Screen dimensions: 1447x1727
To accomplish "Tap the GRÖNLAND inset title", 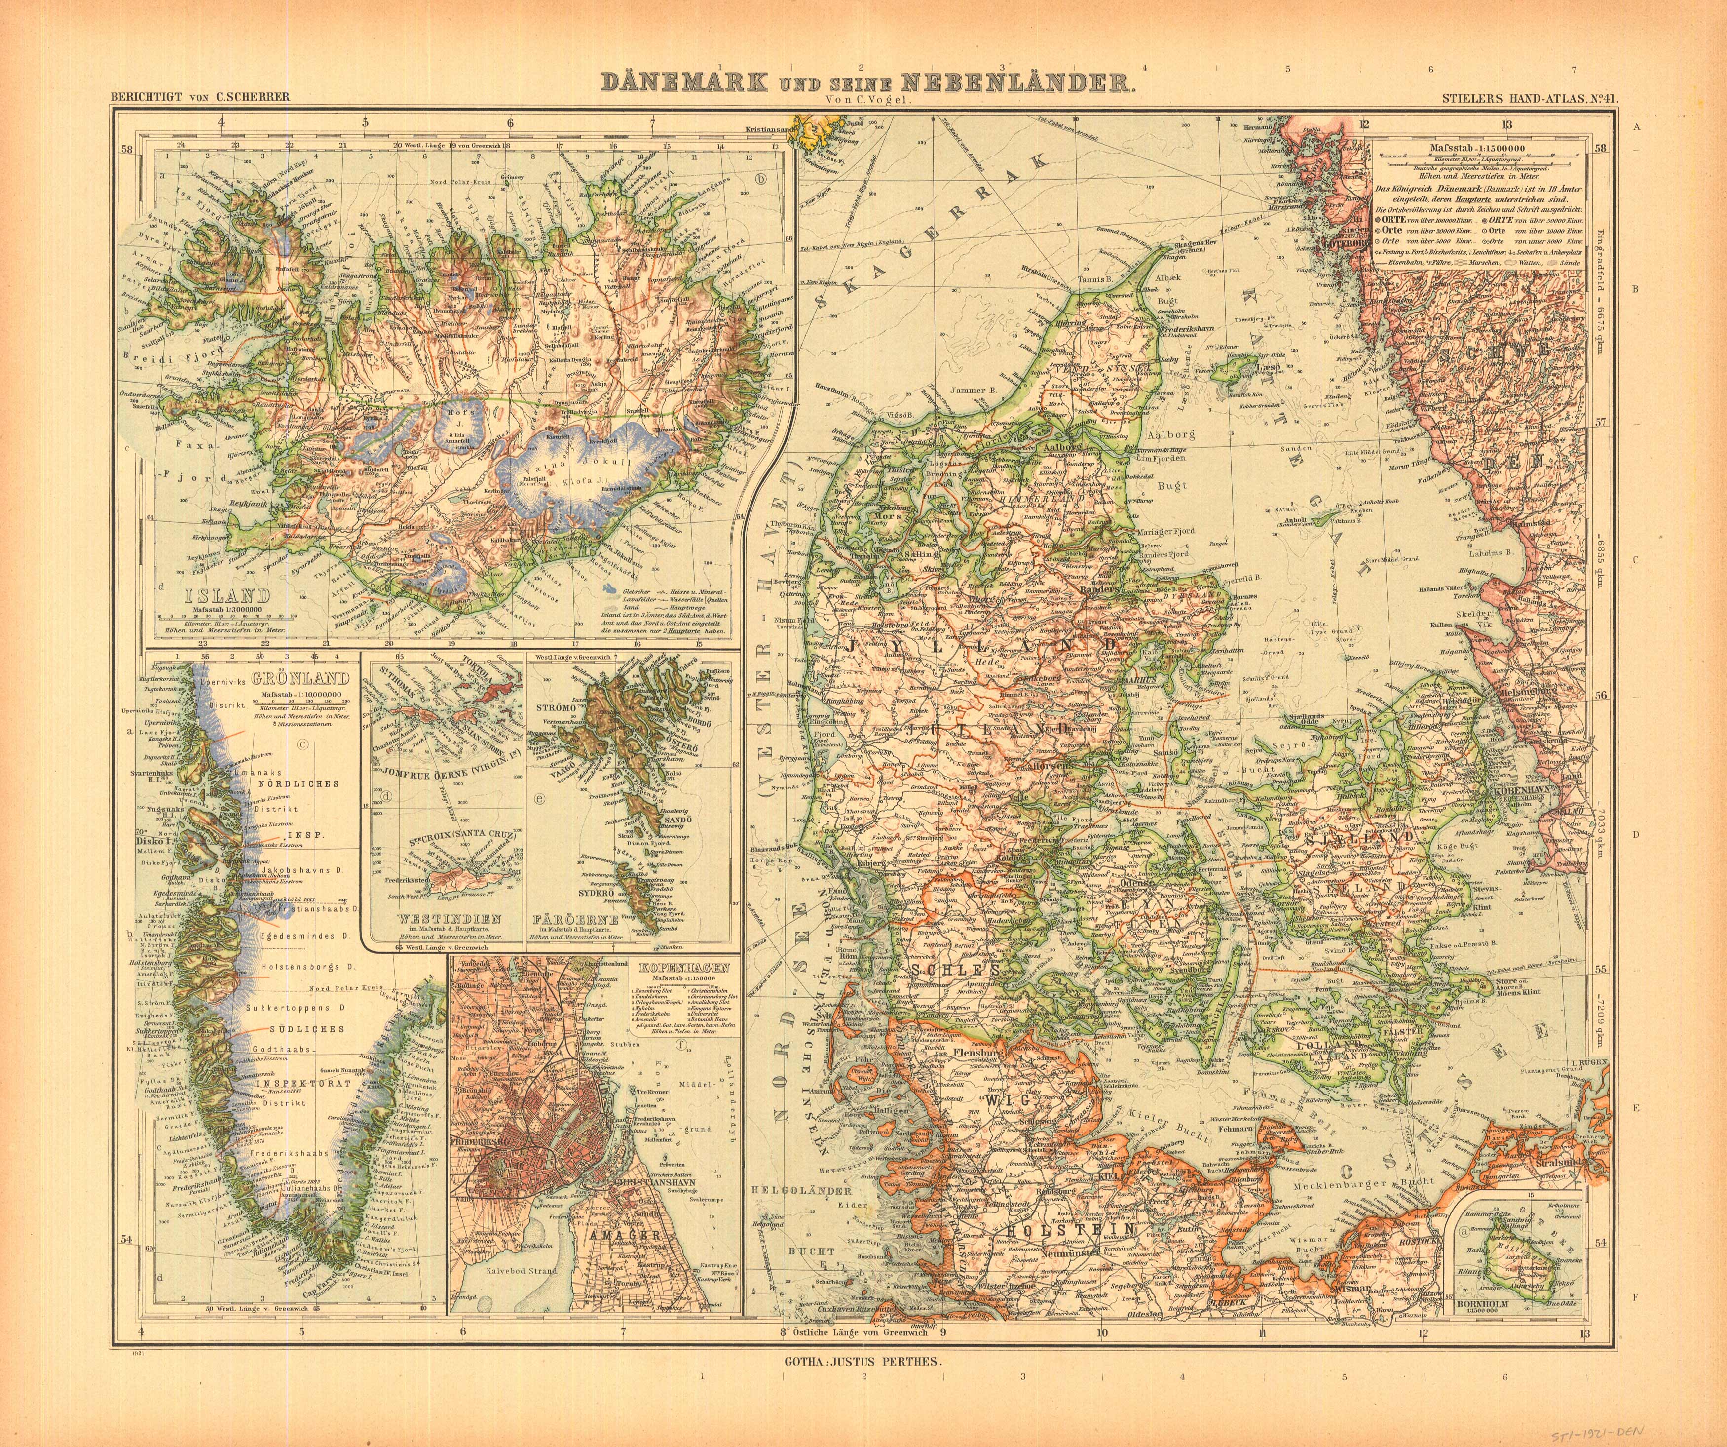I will [x=301, y=679].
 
